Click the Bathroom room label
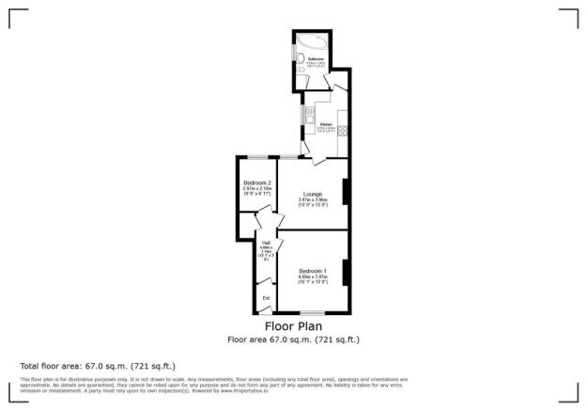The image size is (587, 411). click(316, 58)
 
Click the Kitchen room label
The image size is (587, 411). click(325, 124)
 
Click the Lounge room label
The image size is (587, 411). click(312, 194)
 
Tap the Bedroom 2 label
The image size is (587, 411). click(256, 182)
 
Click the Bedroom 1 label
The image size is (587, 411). click(312, 271)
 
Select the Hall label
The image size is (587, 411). click(266, 243)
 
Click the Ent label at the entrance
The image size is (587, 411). click(266, 299)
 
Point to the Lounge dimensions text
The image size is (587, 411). click(312, 202)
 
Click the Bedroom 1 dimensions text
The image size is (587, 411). click(312, 279)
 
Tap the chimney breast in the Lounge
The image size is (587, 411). click(346, 191)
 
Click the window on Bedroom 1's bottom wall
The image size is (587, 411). click(312, 311)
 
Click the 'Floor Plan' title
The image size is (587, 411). click(293, 327)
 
